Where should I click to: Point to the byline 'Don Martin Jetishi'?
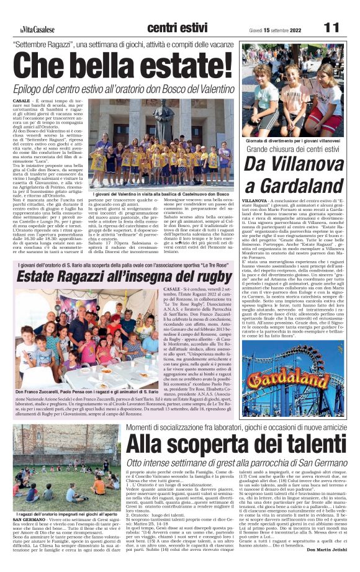point(325,566)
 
